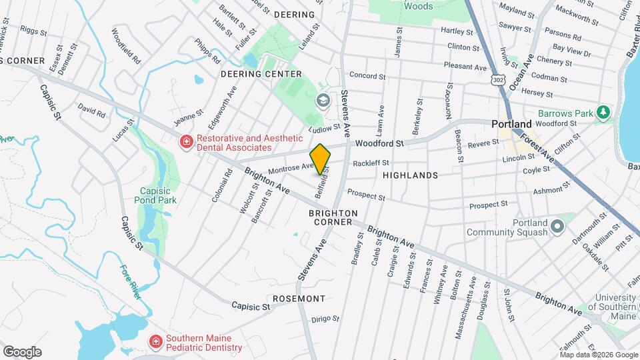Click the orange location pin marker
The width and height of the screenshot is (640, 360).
[x=321, y=159]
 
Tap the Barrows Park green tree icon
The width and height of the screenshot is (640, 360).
[x=603, y=111]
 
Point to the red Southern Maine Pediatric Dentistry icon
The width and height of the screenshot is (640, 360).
[x=156, y=342]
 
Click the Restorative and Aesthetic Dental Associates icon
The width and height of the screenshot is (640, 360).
[x=187, y=141]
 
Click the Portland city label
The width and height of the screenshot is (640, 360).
[x=511, y=124]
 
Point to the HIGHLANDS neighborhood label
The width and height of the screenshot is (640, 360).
[x=410, y=175]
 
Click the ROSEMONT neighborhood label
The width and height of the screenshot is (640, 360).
[x=299, y=299]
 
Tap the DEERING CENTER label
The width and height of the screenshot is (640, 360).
[x=257, y=73]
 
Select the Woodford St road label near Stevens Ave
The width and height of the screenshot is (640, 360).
[x=379, y=143]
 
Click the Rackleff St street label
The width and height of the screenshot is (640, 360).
[x=371, y=163]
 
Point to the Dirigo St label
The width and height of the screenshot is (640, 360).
[x=326, y=319]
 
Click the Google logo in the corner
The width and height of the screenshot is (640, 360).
[x=22, y=352]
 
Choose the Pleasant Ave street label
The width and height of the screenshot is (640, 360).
[x=467, y=67]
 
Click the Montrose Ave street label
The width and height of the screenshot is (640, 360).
[x=290, y=169]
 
